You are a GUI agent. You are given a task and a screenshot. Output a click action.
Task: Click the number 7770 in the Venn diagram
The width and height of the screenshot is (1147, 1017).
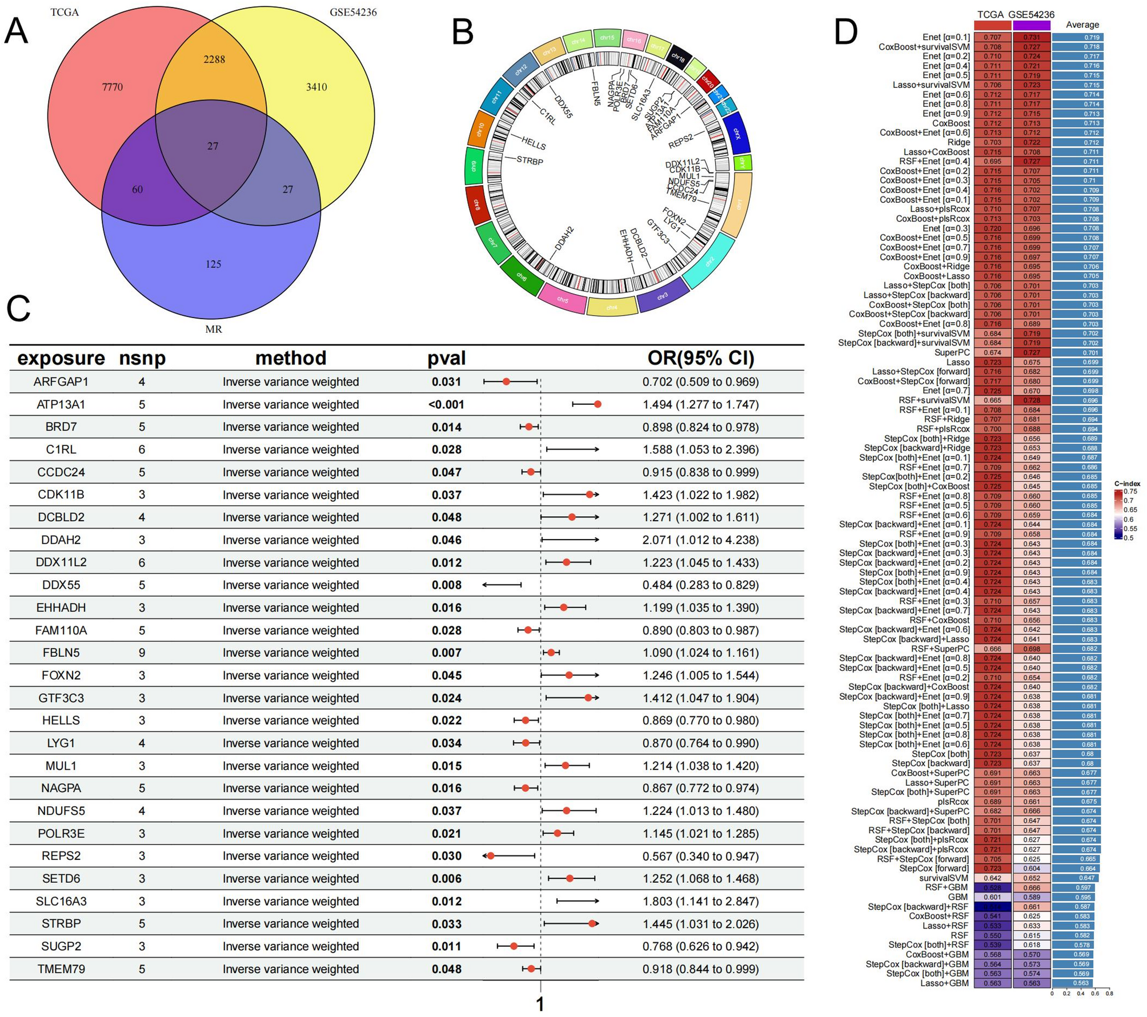[113, 87]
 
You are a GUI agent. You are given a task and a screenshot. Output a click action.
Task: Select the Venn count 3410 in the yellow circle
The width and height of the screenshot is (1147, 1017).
[316, 87]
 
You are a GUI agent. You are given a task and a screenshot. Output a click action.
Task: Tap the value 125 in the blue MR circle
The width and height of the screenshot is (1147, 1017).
[213, 264]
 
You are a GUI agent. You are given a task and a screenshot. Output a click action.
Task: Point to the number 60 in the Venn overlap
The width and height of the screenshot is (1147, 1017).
[138, 190]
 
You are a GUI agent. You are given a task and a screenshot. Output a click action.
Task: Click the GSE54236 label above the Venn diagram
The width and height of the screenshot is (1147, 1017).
[353, 12]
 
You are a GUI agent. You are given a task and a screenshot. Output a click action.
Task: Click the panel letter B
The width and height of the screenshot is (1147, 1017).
[463, 32]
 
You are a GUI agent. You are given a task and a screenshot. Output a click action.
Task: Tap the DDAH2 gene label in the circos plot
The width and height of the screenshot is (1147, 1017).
[564, 239]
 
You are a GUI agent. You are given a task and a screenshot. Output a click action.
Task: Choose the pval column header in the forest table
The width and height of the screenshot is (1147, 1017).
[446, 358]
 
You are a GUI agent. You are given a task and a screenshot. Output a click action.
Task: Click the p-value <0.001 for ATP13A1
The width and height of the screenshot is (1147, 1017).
[446, 405]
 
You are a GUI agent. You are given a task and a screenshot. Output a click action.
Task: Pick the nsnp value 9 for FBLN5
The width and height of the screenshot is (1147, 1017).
[142, 653]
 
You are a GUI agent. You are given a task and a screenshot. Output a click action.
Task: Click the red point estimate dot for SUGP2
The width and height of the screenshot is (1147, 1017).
[514, 946]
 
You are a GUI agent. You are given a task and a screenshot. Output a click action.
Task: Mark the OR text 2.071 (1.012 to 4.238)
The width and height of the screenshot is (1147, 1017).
[700, 540]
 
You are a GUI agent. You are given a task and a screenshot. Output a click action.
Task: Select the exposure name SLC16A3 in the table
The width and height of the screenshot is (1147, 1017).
[61, 901]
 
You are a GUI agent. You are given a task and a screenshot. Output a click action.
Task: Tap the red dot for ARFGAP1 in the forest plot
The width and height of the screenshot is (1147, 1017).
[506, 381]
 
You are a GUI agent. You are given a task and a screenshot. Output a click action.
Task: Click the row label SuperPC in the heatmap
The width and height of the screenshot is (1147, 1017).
[952, 352]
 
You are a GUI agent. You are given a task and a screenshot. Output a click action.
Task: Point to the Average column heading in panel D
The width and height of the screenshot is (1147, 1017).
[1082, 25]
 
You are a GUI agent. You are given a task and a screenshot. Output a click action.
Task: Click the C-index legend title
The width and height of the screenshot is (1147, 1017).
[1126, 483]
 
